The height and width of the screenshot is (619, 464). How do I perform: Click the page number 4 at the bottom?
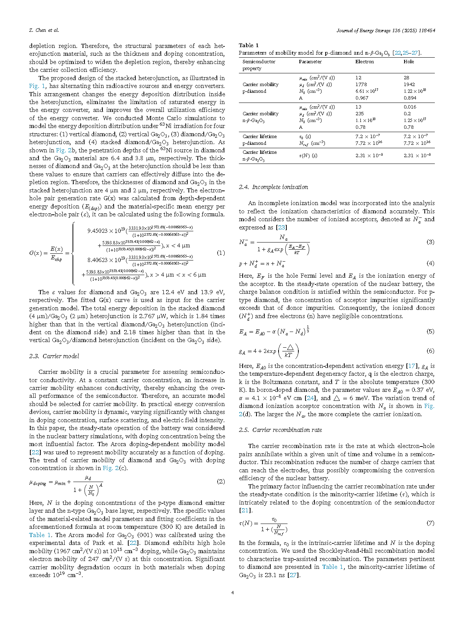(233, 592)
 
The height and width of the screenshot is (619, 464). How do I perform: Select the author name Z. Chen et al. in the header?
(44, 30)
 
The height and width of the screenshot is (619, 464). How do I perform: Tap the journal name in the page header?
(385, 30)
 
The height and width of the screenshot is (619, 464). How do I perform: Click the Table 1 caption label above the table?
(249, 45)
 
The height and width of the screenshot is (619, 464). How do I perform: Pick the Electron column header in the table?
(365, 62)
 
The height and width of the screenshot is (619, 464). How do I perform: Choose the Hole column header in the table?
(409, 62)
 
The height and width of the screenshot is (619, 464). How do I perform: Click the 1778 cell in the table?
(361, 85)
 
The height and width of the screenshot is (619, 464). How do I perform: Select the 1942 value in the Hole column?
(409, 85)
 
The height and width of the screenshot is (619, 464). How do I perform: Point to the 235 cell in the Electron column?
(360, 114)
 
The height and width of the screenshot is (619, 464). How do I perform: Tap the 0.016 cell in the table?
(410, 107)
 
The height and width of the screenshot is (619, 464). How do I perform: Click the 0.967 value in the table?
(362, 98)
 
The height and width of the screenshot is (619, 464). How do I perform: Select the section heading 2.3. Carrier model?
(54, 356)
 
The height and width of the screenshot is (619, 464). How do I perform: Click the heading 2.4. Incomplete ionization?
(273, 187)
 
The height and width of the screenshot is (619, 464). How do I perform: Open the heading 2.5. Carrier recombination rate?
(280, 430)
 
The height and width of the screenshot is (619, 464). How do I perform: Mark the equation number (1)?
(221, 253)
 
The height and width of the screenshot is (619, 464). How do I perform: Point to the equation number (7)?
(430, 523)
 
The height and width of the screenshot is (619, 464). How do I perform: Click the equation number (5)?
(430, 332)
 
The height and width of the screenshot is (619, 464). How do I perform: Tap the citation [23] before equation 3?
(281, 228)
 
